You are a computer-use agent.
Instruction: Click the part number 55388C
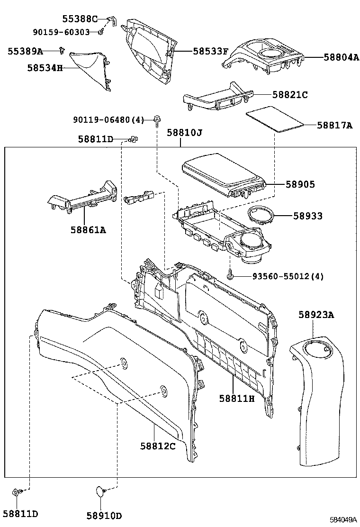tap(80, 19)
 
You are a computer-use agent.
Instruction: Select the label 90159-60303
tap(61, 32)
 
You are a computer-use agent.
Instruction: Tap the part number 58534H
tap(45, 68)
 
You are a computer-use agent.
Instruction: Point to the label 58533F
tap(210, 51)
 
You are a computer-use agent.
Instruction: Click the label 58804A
tap(341, 57)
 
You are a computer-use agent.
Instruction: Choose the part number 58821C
tap(290, 95)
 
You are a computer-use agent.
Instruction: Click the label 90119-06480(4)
tap(108, 120)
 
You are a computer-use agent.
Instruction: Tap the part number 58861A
tap(88, 230)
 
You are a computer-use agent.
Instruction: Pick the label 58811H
tap(237, 399)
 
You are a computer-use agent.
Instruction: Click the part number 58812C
tap(158, 446)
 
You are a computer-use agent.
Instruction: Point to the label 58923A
tap(316, 315)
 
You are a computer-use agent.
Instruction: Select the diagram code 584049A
tap(343, 520)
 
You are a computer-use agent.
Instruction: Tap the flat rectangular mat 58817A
tap(274, 120)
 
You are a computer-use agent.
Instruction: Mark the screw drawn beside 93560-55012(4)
tap(230, 274)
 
